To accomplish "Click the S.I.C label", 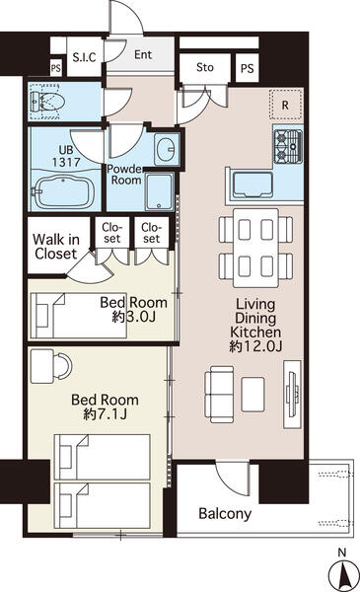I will tap(83, 57).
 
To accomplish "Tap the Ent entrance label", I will tap(143, 56).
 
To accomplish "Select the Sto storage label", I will tap(204, 69).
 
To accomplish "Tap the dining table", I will tap(254, 247).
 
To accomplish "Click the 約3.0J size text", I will tap(133, 318).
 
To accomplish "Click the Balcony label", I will tap(225, 514).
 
